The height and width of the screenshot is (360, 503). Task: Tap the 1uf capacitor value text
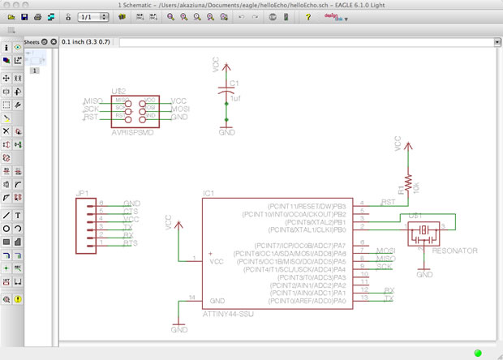[235, 98]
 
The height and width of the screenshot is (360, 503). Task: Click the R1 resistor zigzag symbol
[408, 182]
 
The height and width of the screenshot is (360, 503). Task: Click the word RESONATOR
[455, 251]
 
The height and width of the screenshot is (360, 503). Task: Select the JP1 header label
[84, 195]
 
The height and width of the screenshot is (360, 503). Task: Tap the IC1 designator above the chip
[209, 195]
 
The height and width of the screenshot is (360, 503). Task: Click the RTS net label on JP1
[130, 243]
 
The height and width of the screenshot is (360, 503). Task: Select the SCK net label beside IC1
[385, 266]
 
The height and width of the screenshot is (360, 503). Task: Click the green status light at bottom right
[477, 353]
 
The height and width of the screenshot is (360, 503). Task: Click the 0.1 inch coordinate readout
[88, 41]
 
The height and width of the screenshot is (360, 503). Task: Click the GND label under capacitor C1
[227, 131]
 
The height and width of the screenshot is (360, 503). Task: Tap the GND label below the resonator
[424, 276]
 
